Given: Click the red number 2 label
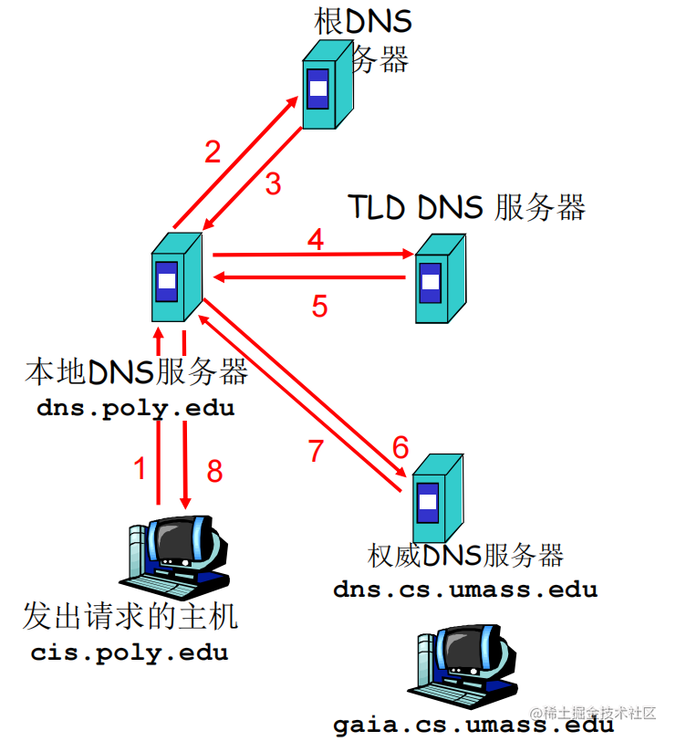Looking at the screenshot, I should coord(213,151).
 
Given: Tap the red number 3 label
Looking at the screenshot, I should coord(274,183).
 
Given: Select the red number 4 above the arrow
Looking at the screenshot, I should coord(316,240).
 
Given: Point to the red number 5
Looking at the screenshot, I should coord(319,306).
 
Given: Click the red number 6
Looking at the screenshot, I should coord(400,447).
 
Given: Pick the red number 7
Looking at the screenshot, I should coord(317,451).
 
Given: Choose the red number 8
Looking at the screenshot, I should coord(214,471).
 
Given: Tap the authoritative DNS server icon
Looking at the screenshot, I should coord(434,496).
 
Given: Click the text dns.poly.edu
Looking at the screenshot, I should coord(136,408).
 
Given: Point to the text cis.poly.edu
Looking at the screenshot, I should coord(130,652).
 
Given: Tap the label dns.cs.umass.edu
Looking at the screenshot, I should coord(465,589).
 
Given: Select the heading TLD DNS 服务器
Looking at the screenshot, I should coord(465,207).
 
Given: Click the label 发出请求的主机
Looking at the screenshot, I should coord(130,616).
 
